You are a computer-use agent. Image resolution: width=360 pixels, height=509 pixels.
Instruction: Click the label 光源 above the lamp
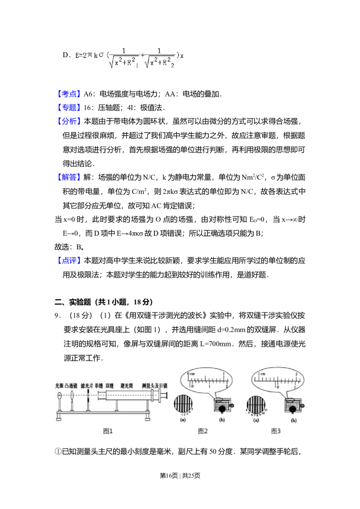(59, 386)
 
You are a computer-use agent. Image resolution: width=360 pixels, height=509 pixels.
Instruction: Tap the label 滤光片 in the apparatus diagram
(87, 386)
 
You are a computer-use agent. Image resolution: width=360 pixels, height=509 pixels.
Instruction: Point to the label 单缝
(99, 386)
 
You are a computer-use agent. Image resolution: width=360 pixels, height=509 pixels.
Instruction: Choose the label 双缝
(109, 386)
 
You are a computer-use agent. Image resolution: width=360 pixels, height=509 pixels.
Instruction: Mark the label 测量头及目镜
(154, 386)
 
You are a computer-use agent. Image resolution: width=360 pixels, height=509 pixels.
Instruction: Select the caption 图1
(108, 431)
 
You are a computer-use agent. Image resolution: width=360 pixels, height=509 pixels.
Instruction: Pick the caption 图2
(202, 431)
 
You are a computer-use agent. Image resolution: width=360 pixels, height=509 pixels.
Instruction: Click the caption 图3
(276, 431)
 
